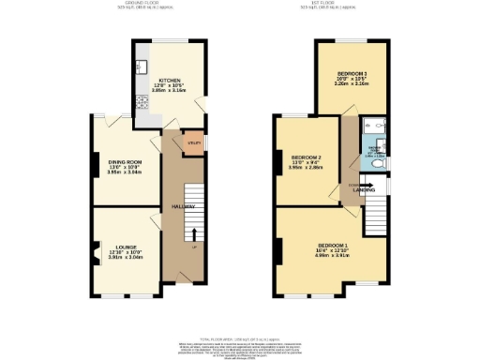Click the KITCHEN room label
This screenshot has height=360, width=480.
[x=170, y=80]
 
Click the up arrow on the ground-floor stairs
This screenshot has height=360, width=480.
[x=194, y=235]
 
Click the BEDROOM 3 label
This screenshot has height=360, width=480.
[x=352, y=72]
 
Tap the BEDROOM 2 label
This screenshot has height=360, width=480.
[x=307, y=157]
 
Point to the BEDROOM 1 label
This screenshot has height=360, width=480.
[x=332, y=242]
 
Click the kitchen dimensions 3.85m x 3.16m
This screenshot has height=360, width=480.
[x=170, y=91]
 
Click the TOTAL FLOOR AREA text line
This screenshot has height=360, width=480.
[x=240, y=335]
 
